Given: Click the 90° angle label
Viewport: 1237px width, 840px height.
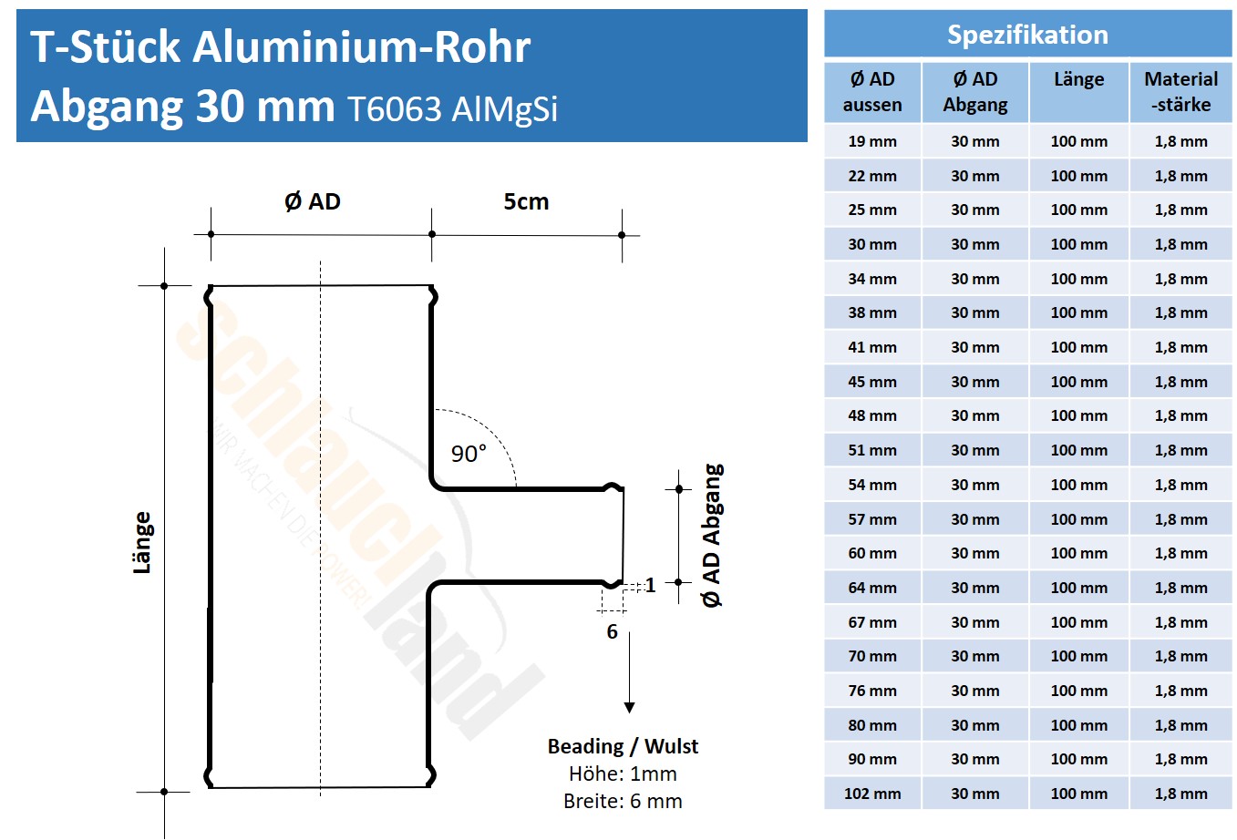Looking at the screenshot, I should (x=469, y=453).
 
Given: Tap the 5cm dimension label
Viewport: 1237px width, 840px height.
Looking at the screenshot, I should (x=526, y=201).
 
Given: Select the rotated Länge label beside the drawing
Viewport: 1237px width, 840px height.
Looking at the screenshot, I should (x=142, y=542).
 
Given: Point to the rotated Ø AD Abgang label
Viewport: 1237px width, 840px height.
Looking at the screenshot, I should (x=711, y=536).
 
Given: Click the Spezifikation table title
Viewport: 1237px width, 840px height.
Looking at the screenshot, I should (x=1027, y=35).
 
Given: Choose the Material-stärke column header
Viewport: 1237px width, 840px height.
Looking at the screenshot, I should (x=1180, y=91).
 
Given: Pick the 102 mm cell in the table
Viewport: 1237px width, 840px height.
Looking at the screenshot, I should (x=872, y=794).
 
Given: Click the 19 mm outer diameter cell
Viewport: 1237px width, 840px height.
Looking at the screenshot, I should (x=872, y=141).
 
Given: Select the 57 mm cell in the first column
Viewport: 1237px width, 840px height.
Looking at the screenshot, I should (x=872, y=519).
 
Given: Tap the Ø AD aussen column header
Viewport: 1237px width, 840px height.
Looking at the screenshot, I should (x=872, y=91).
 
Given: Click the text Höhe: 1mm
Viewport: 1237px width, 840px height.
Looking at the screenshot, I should (x=623, y=773).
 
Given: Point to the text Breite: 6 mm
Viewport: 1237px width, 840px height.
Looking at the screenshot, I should (x=623, y=801).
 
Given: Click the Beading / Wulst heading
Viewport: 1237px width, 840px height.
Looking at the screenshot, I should (x=623, y=746).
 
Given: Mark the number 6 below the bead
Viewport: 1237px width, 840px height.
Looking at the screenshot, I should (x=612, y=631).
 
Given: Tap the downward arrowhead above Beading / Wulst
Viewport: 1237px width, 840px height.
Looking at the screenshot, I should (x=629, y=707).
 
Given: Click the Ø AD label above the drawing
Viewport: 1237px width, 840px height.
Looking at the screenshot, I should (x=313, y=201).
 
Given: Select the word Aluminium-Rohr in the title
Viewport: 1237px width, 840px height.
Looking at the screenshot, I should (x=362, y=46).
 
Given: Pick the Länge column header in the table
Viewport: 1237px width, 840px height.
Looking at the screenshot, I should (x=1078, y=79).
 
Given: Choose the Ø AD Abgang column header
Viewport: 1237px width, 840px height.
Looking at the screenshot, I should (x=975, y=91).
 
